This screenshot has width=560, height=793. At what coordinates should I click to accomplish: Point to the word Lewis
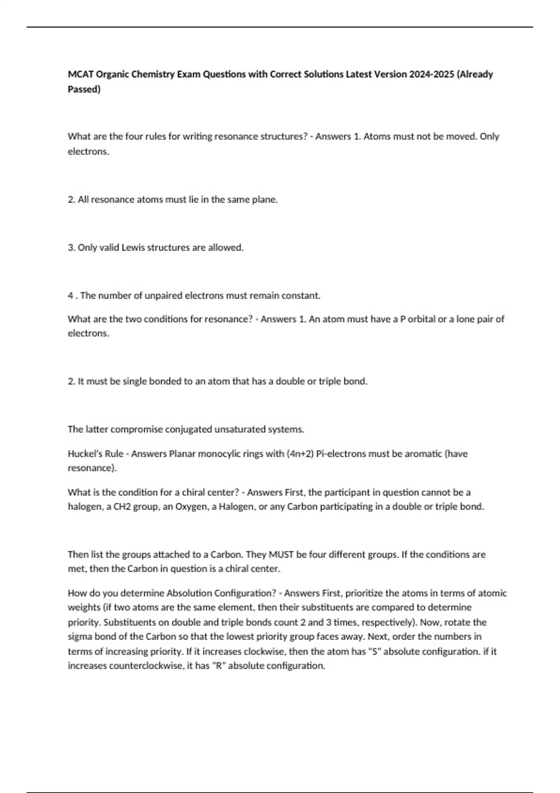pos(133,248)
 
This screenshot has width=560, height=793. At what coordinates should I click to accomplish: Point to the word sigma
pos(79,637)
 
